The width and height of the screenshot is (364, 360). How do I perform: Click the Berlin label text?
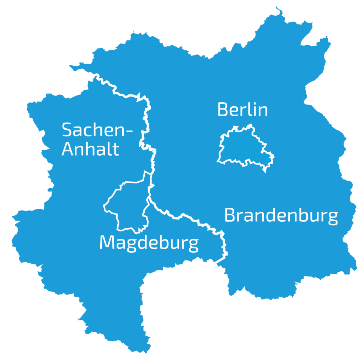(x=242, y=109)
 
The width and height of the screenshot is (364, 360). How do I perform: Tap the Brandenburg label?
(x=281, y=216)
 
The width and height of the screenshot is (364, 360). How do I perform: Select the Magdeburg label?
(x=149, y=243)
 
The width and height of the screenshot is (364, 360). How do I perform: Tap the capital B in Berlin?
(x=223, y=109)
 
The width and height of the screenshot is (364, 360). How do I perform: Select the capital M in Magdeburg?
(x=106, y=242)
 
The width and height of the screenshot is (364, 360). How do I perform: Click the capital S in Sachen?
(x=67, y=130)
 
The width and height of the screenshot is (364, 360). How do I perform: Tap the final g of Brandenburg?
(x=332, y=218)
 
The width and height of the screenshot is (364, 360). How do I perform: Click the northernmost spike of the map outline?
(x=276, y=7)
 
